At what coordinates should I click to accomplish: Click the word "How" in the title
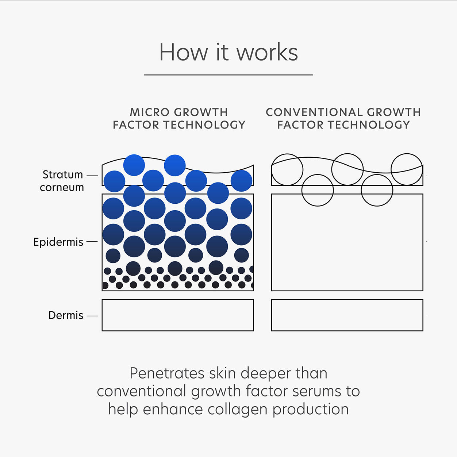(183, 53)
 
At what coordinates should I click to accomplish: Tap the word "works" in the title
(267, 53)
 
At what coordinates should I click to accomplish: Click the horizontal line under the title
(228, 75)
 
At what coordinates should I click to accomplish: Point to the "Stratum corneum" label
(62, 181)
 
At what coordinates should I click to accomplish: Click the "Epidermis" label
(58, 242)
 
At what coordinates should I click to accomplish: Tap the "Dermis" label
(66, 315)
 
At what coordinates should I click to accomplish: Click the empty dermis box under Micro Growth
(178, 315)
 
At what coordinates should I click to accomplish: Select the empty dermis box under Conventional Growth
(347, 315)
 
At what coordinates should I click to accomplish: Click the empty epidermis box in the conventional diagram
(347, 248)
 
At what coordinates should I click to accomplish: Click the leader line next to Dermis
(92, 316)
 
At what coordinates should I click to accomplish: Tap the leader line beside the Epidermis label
(92, 242)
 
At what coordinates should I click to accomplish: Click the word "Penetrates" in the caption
(168, 373)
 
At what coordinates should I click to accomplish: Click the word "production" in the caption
(310, 409)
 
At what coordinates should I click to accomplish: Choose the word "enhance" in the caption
(173, 409)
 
